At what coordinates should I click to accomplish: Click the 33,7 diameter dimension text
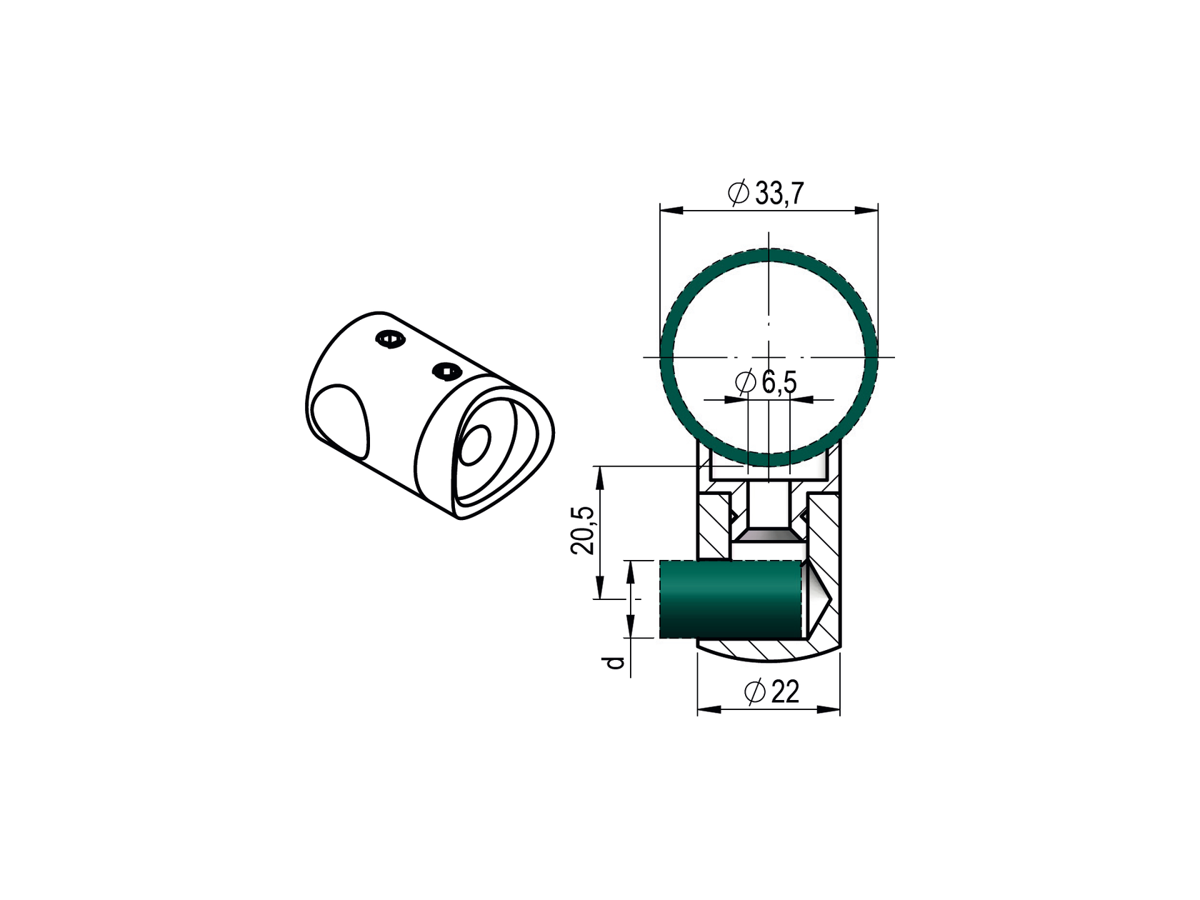[x=779, y=194]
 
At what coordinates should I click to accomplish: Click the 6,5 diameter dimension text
[x=779, y=384]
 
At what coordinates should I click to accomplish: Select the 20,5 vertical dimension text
[x=583, y=530]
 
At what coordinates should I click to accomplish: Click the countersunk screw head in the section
[x=768, y=535]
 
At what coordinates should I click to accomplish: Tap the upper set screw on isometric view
[x=391, y=340]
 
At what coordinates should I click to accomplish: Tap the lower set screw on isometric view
[x=446, y=370]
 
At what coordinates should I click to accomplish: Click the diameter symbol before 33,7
[x=738, y=194]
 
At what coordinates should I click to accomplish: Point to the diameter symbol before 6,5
[x=745, y=384]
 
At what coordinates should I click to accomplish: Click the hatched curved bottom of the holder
[x=768, y=650]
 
